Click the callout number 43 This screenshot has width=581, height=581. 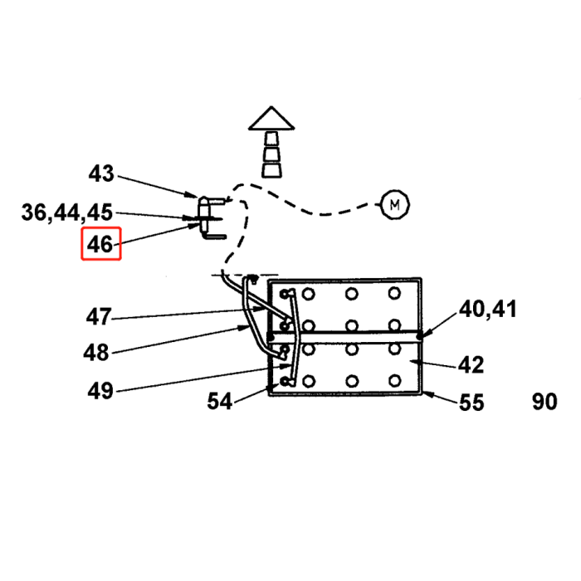(100, 174)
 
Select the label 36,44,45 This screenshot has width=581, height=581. (66, 213)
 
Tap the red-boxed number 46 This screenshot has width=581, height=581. (100, 245)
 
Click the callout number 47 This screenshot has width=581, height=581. (98, 317)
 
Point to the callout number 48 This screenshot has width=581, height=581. (96, 352)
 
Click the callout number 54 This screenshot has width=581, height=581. (220, 402)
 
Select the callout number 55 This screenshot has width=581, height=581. (471, 403)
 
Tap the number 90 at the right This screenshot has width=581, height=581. (544, 403)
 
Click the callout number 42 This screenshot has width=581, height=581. (471, 365)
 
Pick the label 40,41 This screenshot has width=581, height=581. (488, 310)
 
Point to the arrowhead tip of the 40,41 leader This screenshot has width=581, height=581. (420, 335)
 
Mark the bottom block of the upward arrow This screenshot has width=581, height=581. (271, 169)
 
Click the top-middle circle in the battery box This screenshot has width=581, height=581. (352, 294)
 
